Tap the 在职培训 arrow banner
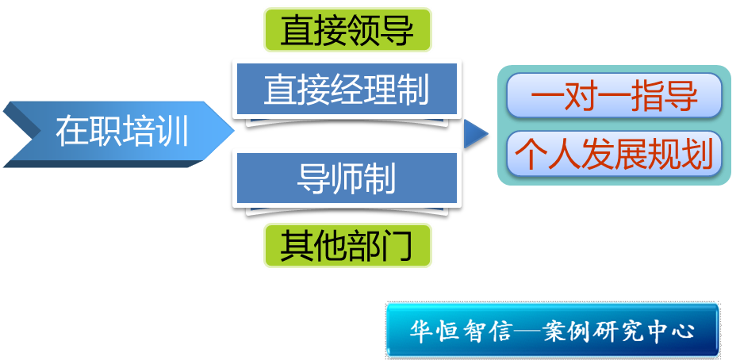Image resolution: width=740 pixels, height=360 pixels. point(119,132)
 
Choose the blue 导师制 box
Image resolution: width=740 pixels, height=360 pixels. point(346,179)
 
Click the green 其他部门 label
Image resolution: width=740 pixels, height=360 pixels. point(347,245)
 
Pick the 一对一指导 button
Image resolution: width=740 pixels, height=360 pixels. point(614,97)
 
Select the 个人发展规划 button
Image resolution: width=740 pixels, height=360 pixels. point(614,155)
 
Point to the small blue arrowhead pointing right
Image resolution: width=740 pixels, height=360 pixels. point(476,135)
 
